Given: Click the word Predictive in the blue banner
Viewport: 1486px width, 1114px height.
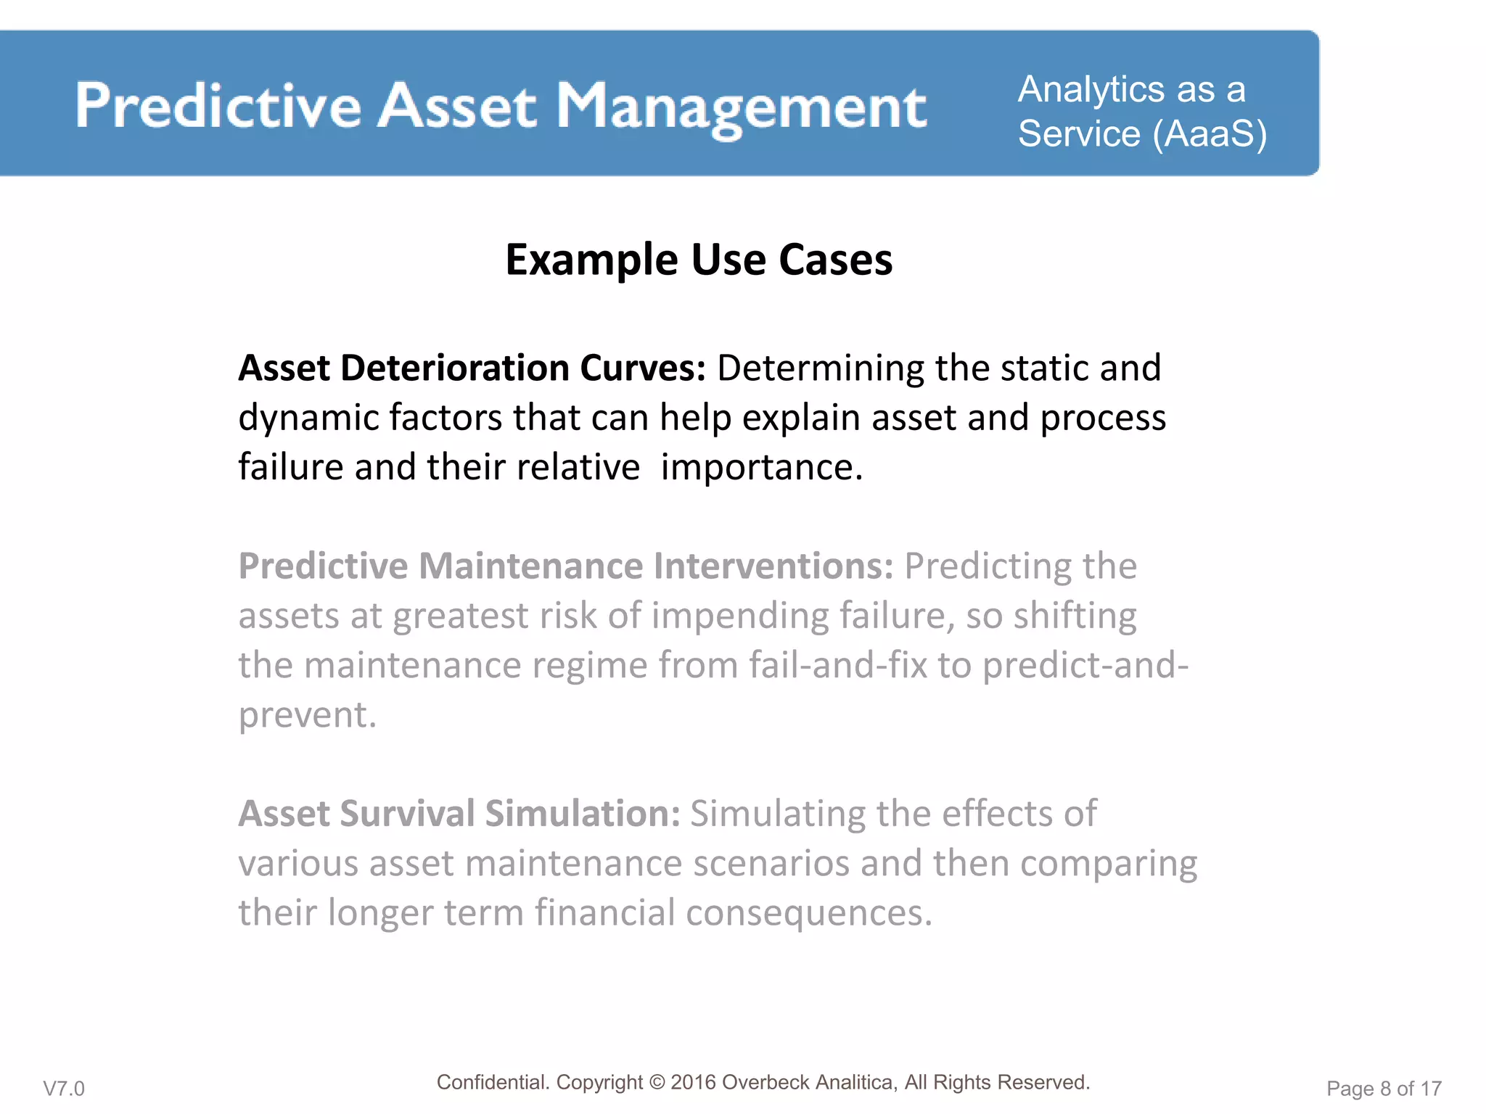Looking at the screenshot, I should click(218, 107).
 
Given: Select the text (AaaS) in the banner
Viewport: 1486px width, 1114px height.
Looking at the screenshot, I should click(1210, 134).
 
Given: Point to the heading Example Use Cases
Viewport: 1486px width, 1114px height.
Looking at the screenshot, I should click(699, 260).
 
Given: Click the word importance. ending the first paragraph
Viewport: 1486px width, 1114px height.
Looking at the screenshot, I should click(762, 467).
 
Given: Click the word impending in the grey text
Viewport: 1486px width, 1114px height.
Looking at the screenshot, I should click(740, 616).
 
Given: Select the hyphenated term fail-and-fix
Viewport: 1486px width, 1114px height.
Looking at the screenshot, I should click(838, 665).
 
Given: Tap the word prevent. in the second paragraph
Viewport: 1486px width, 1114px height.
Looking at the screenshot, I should click(308, 715).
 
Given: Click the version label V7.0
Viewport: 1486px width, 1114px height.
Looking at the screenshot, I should click(64, 1089).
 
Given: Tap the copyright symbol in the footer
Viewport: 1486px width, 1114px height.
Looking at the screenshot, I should click(657, 1083).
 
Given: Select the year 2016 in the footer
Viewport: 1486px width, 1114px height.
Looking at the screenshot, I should click(693, 1083).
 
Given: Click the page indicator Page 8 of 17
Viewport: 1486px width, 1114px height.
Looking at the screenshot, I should click(1384, 1089).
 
